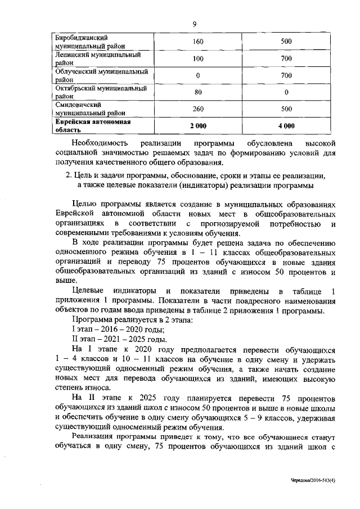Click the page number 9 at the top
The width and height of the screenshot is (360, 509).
[193, 24]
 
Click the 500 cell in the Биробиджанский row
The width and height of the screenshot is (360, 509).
[286, 42]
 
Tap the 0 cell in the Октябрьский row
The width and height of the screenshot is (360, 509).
[286, 92]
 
